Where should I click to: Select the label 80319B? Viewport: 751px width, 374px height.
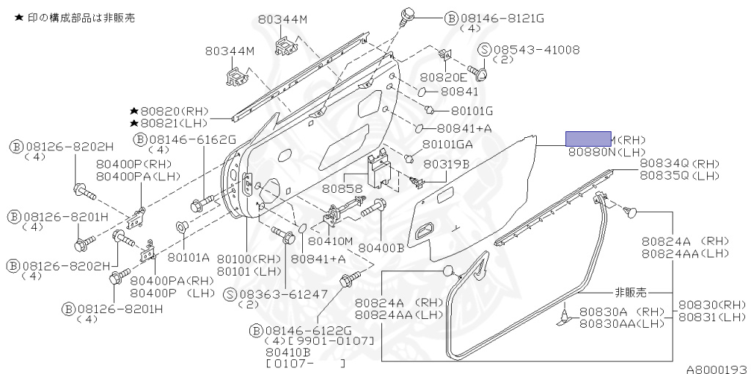point(446,164)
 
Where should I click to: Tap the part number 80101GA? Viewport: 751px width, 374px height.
point(449,144)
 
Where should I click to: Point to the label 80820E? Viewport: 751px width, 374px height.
point(444,77)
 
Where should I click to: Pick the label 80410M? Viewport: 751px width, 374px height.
point(330,241)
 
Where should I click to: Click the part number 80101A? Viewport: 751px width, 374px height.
point(188,257)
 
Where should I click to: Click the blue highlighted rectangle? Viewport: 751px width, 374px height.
point(587,139)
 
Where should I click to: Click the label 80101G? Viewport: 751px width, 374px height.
point(472,111)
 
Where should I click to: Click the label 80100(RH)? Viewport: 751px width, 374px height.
point(249,258)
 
